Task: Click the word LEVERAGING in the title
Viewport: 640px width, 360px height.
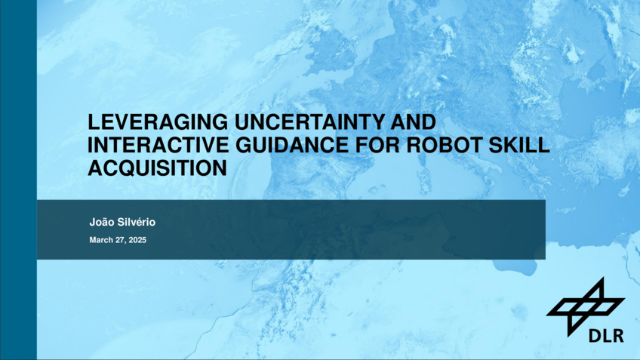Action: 158,122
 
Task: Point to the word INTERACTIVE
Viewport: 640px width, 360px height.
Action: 158,145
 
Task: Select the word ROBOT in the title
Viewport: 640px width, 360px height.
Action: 445,145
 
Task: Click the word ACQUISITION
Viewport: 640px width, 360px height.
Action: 158,168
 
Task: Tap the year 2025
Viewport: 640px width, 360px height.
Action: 137,240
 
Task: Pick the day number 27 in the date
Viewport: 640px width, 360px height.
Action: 121,240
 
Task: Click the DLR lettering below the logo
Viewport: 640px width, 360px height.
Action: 606,336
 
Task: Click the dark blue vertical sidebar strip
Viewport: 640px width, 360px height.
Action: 18,180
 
